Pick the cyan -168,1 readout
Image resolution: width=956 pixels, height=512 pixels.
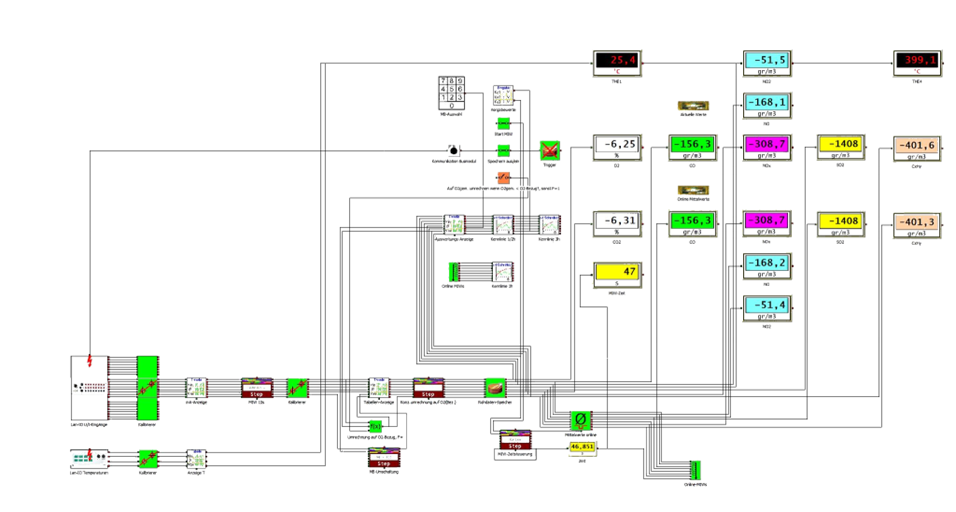pyautogui.click(x=767, y=105)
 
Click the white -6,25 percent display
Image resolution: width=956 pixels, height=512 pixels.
pyautogui.click(x=617, y=147)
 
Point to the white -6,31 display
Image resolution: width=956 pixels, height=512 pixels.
pyautogui.click(x=617, y=224)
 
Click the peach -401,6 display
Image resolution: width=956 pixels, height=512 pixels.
pyautogui.click(x=917, y=148)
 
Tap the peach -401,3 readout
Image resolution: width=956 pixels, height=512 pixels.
pyautogui.click(x=917, y=225)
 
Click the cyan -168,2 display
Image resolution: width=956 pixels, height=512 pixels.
pyautogui.click(x=767, y=266)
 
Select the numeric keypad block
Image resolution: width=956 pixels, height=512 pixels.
pyautogui.click(x=451, y=93)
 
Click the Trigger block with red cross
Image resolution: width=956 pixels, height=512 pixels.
pyautogui.click(x=550, y=151)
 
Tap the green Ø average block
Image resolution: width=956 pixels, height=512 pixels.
pyautogui.click(x=580, y=421)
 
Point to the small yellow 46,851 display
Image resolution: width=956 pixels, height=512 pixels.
pyautogui.click(x=582, y=448)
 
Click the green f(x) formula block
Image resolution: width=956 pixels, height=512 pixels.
pyautogui.click(x=375, y=426)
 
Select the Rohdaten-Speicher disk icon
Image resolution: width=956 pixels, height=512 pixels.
pyautogui.click(x=495, y=387)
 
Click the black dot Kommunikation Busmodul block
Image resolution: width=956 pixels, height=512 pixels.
pyautogui.click(x=453, y=151)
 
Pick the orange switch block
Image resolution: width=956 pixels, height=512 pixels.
pyautogui.click(x=503, y=178)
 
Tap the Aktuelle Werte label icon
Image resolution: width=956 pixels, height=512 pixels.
pyautogui.click(x=693, y=105)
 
